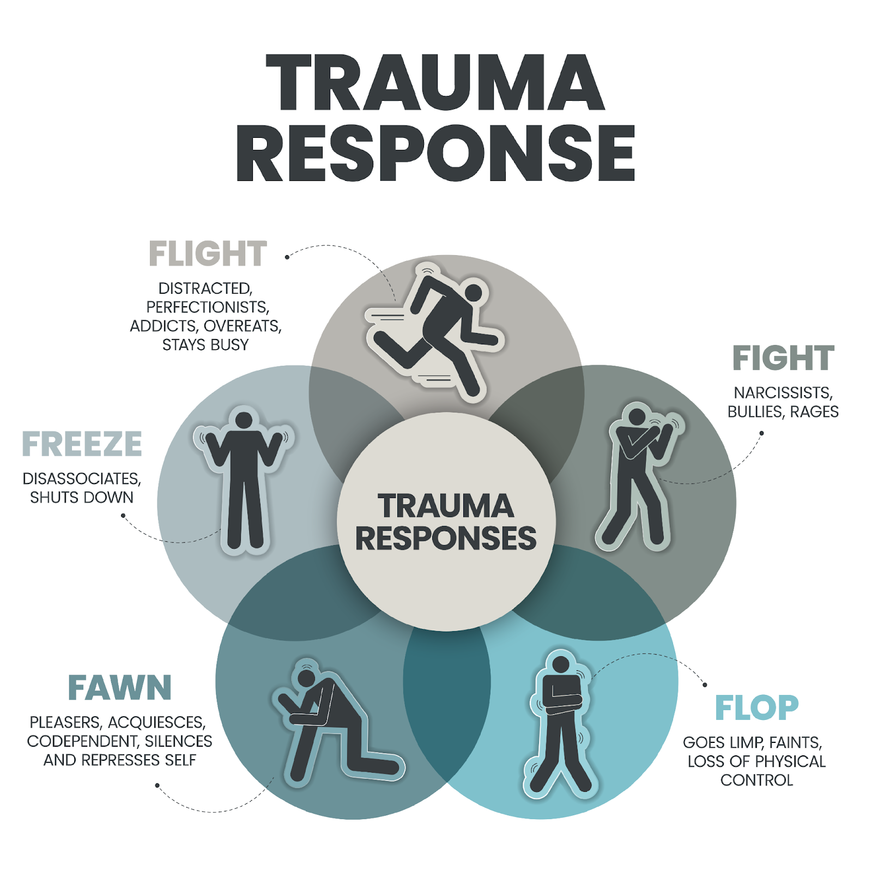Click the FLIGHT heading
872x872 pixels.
208,254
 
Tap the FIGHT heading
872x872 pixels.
783,358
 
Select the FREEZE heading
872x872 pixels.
82,445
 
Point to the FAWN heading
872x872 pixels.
120,688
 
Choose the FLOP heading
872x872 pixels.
756,708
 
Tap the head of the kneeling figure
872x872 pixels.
306,678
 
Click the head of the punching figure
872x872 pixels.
636,417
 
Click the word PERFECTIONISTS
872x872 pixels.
208,307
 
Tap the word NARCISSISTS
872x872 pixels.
783,393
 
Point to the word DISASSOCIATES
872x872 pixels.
82,479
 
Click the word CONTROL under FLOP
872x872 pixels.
756,780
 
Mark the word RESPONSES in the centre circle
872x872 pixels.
446,539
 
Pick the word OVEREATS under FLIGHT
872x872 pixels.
243,326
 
